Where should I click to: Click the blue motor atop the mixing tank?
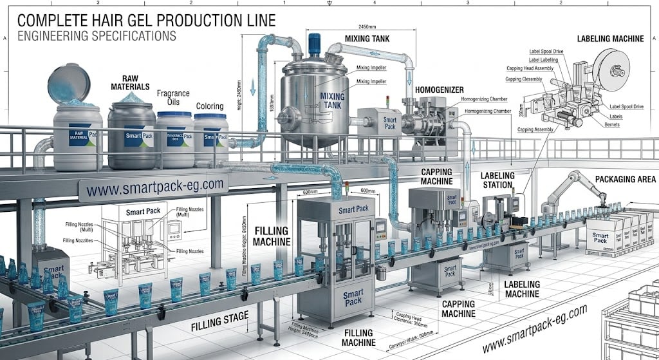315,43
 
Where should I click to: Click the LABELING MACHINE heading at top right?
610,39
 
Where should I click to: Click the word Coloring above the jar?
210,106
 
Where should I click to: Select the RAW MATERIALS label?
130,82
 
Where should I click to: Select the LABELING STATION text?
498,180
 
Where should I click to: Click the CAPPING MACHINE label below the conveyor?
458,308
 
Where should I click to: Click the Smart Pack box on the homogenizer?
390,123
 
